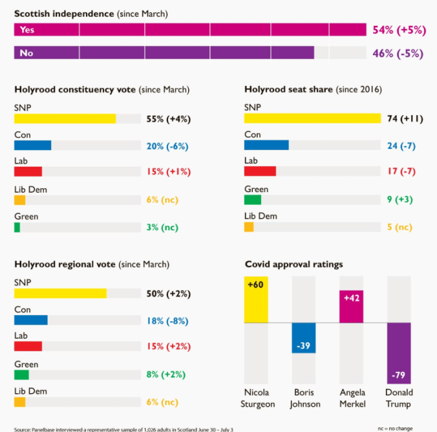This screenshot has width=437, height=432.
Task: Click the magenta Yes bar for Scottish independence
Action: (190, 30)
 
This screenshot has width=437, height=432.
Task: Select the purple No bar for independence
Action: (164, 53)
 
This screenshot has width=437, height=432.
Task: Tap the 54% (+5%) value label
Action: (398, 30)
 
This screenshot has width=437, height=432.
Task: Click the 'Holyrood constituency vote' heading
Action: (101, 89)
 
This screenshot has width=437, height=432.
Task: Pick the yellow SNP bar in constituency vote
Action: (65, 118)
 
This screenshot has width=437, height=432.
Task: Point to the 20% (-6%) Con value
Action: (167, 146)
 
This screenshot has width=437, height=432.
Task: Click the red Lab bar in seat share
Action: (260, 171)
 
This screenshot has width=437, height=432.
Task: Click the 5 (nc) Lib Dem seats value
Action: (400, 227)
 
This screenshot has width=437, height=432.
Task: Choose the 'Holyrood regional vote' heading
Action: (91, 265)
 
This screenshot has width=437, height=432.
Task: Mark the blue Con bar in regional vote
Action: (31, 320)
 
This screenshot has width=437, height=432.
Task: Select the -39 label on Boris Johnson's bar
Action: (303, 346)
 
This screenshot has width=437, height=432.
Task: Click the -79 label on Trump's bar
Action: (399, 376)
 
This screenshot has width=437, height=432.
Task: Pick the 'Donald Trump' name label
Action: (399, 398)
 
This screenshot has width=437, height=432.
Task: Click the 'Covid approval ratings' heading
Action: (293, 265)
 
